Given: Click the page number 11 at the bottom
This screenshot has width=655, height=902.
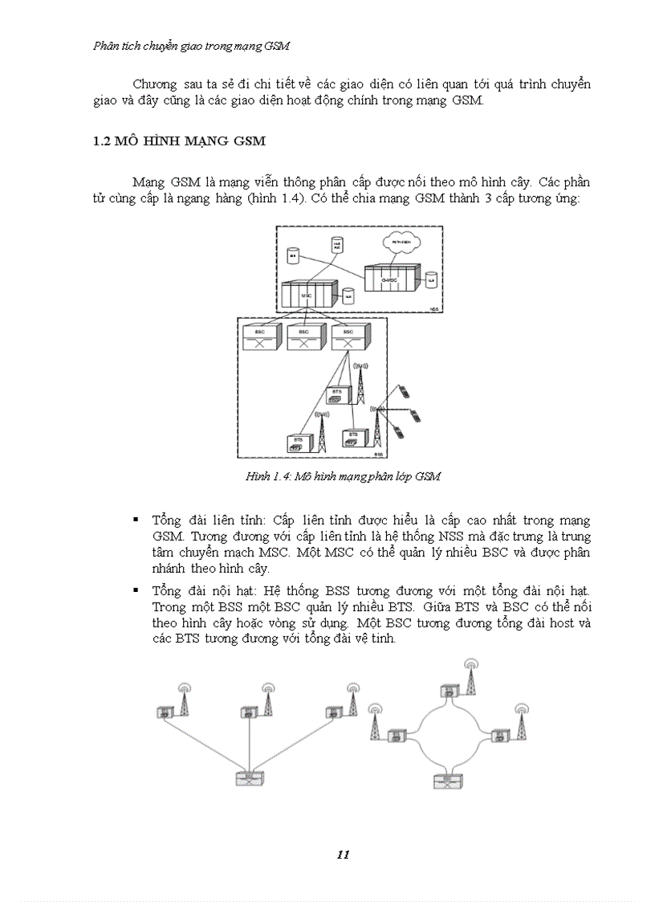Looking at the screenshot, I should tap(343, 854).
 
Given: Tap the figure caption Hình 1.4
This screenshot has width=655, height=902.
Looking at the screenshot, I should tap(343, 476).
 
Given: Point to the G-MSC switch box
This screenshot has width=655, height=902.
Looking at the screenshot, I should tap(391, 278).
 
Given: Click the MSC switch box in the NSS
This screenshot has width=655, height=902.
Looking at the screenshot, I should tap(307, 295).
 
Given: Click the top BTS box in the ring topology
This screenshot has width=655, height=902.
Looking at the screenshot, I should tap(449, 691).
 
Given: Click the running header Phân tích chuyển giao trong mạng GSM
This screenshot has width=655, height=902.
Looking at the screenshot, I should tap(191, 46).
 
